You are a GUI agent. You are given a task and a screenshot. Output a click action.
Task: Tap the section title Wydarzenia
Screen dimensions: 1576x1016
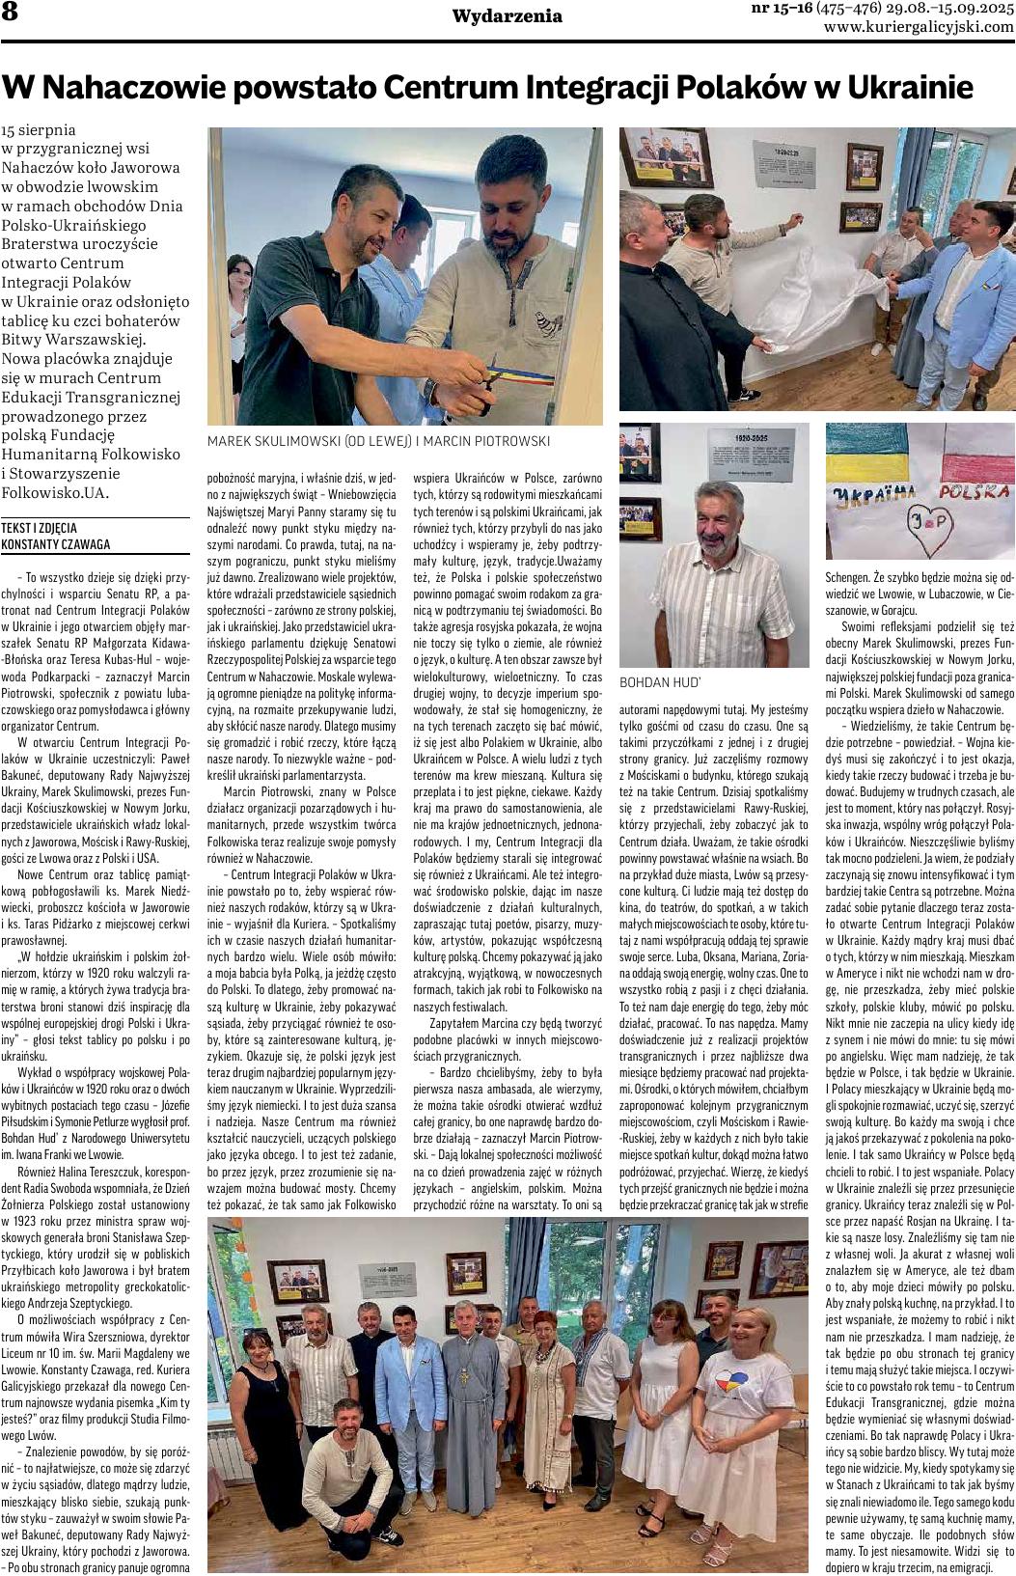(507, 15)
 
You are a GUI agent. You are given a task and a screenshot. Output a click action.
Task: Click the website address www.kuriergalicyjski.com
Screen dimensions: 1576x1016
(919, 27)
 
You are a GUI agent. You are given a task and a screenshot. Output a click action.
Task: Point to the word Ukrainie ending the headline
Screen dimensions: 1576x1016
(909, 89)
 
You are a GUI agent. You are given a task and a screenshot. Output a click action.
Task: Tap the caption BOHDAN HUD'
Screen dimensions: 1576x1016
(652, 681)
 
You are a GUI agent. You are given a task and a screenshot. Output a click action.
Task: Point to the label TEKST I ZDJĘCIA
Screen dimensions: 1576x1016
(39, 529)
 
